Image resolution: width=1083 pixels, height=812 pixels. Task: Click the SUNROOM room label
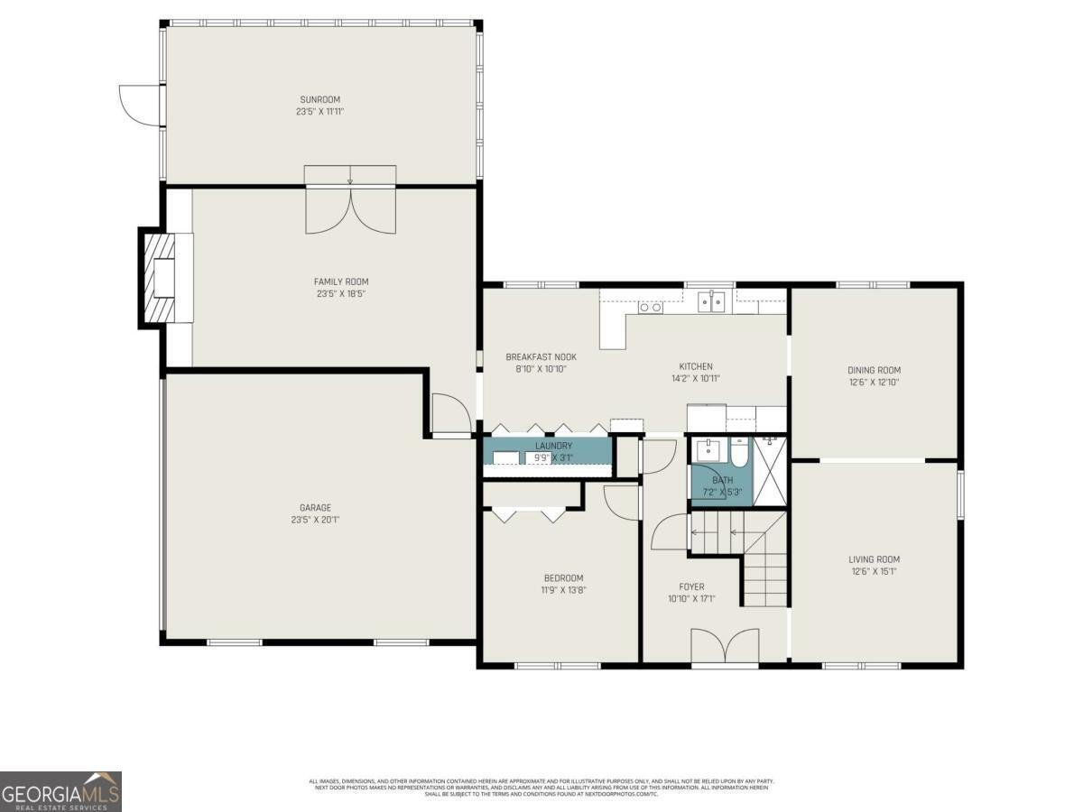tap(320, 99)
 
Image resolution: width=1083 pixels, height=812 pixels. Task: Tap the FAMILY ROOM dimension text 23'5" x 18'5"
tap(341, 293)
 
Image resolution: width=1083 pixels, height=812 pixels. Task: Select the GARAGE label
tap(315, 508)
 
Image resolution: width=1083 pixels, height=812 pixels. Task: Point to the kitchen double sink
tap(712, 301)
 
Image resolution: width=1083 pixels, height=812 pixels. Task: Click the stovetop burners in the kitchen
tap(650, 307)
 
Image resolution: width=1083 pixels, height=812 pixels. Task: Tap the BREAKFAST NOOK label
tap(541, 357)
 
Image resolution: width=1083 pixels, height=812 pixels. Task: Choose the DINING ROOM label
tap(873, 370)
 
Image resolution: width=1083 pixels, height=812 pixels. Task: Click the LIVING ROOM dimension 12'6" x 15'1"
tap(873, 571)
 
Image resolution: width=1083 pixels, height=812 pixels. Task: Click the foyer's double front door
tap(725, 646)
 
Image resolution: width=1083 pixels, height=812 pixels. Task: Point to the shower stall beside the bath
tap(770, 471)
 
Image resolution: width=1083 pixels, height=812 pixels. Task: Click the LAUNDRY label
tap(553, 446)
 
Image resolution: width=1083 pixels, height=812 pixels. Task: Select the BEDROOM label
tap(563, 578)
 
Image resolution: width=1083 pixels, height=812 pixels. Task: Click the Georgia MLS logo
tap(60, 791)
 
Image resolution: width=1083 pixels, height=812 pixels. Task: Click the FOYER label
tap(691, 586)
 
